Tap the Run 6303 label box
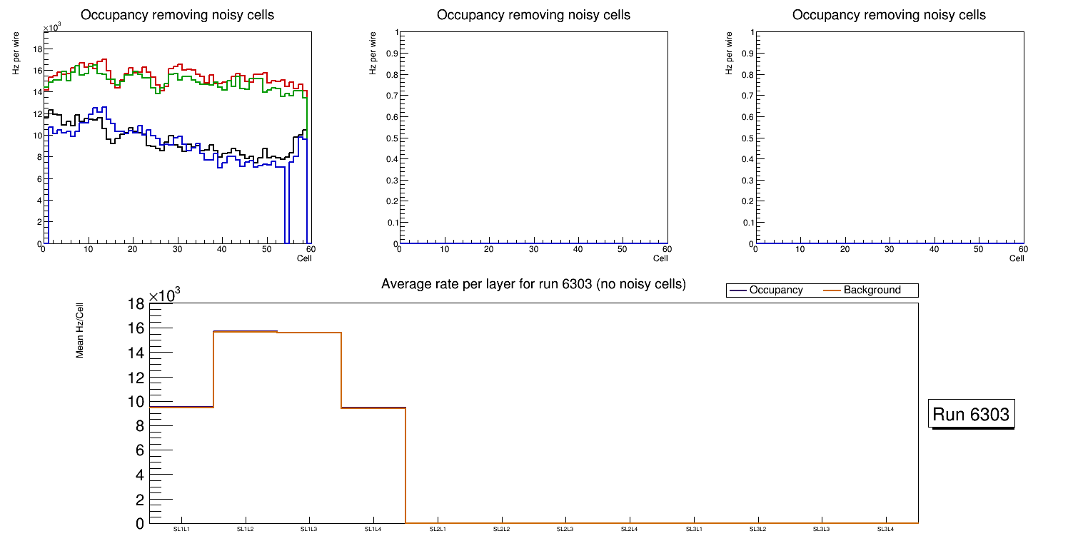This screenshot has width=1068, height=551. [x=972, y=415]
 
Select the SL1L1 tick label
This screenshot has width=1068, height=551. [x=181, y=529]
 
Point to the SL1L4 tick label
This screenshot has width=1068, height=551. [x=373, y=529]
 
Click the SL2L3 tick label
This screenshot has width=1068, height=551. [x=565, y=529]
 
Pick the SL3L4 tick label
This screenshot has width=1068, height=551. [x=885, y=529]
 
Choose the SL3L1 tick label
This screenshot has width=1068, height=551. [x=693, y=529]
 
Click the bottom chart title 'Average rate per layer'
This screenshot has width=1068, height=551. [x=533, y=284]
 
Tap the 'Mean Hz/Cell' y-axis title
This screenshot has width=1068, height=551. [x=80, y=335]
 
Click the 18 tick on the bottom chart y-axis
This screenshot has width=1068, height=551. [x=136, y=304]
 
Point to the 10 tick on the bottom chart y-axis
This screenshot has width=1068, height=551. [x=136, y=402]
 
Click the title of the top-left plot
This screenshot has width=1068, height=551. [x=177, y=15]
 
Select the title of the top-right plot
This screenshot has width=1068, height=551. [x=889, y=15]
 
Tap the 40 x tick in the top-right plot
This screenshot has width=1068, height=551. [x=934, y=249]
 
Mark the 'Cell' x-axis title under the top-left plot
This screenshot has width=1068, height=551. [x=304, y=258]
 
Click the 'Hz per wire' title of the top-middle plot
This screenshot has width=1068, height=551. [x=372, y=54]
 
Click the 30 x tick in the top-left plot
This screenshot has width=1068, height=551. [x=177, y=249]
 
